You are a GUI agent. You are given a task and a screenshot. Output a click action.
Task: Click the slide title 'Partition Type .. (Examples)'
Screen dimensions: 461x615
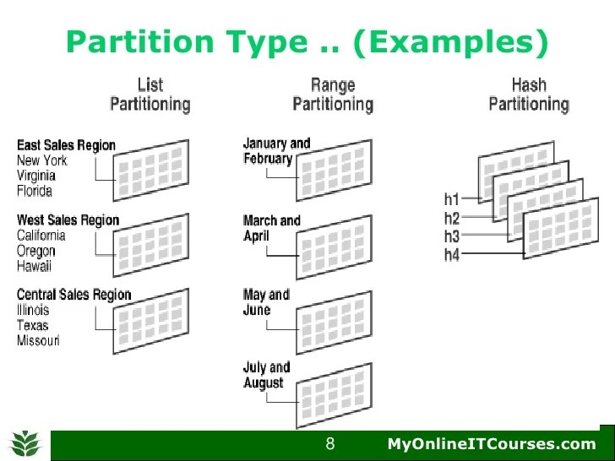coord(307,41)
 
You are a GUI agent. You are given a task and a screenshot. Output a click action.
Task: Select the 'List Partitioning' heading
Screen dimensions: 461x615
coord(150,95)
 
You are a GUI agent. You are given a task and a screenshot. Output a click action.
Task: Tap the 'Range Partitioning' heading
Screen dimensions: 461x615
coord(332,95)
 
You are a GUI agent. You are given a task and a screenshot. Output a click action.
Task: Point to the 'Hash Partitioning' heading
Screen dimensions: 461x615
coord(529,95)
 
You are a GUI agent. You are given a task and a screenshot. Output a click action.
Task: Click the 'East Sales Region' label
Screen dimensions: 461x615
coord(66,145)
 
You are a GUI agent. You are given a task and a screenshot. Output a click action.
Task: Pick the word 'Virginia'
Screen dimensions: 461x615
coord(36,176)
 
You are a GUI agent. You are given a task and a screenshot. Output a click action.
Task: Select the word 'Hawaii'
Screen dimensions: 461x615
coord(34,267)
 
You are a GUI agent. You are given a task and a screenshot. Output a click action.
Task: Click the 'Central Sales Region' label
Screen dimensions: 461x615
coord(74,295)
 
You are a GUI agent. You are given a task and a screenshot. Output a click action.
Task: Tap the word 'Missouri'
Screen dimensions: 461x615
coord(38,341)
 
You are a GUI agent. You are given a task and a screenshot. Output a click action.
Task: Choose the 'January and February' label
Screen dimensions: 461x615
coord(276,151)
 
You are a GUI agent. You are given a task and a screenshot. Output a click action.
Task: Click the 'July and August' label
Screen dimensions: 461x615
coord(266,375)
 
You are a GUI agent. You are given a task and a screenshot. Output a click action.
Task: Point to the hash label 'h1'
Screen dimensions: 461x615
coord(452,200)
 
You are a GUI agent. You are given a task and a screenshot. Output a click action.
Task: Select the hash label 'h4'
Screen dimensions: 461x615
coord(452,254)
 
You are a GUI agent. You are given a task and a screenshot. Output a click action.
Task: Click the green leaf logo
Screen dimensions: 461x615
coord(25,443)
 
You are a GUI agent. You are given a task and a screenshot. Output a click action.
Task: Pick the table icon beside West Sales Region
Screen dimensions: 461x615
coord(151,243)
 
